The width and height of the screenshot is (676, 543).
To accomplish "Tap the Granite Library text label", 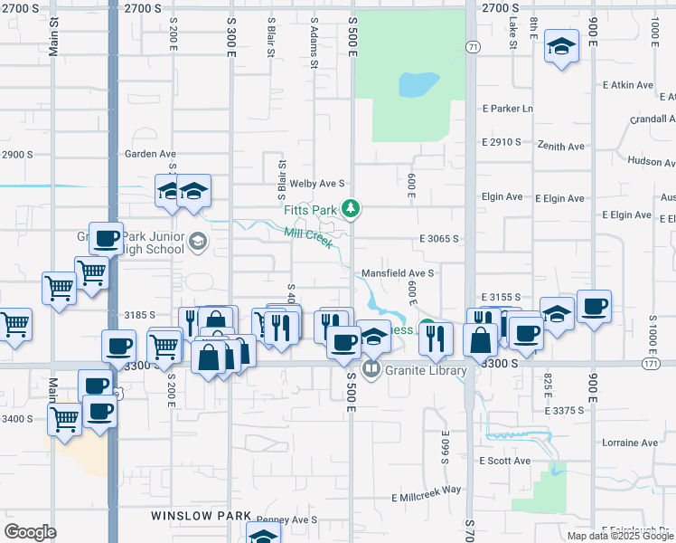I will coord(425,370).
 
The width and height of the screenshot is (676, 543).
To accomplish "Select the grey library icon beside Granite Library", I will coord(371,369).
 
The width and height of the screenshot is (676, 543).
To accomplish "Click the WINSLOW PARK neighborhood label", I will coord(200,516).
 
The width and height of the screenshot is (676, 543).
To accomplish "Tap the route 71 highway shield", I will coord(473,46).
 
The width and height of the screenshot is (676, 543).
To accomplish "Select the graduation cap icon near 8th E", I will coord(561,47).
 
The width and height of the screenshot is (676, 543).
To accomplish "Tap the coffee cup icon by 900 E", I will coord(594,307).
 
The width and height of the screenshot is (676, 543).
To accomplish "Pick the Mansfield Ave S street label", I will coord(399,272).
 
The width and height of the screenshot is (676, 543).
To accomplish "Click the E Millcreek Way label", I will coord(426,490).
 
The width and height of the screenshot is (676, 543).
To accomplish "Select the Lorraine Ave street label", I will coord(634,443).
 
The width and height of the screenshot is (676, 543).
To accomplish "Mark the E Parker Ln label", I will coord(508,109).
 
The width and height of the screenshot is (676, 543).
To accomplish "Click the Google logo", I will coord(30,532).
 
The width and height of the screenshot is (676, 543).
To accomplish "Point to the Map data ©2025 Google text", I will coord(621,536).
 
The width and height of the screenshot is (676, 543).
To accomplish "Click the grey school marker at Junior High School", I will coord(197,242).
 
